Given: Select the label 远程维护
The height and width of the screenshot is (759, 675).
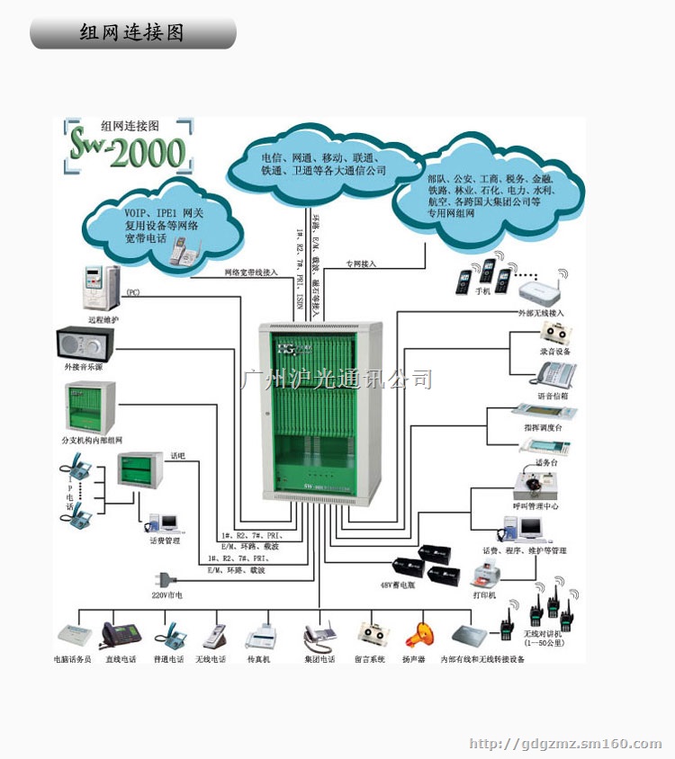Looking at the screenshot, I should pyautogui.click(x=103, y=319).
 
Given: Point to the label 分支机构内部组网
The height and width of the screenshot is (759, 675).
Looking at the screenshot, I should pyautogui.click(x=91, y=439).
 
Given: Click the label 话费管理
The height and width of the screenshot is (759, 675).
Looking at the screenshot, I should pyautogui.click(x=165, y=540).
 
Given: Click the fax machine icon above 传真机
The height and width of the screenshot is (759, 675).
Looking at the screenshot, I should pyautogui.click(x=261, y=637).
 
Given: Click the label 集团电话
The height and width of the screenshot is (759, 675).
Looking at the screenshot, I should pyautogui.click(x=319, y=659).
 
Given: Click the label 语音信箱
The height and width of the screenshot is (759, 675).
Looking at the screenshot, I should pyautogui.click(x=553, y=395).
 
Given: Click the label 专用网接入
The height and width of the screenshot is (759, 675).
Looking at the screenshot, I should pyautogui.click(x=361, y=263).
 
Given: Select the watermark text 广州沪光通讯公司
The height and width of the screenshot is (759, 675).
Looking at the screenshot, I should pyautogui.click(x=337, y=379).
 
